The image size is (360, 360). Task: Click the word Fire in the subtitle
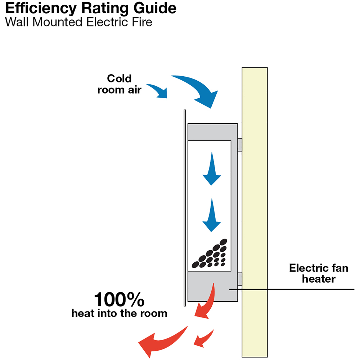[143, 22]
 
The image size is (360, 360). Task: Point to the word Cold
[119, 78]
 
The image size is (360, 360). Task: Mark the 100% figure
[119, 300]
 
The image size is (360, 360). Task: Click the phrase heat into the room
[119, 314]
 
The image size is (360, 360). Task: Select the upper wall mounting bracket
[240, 144]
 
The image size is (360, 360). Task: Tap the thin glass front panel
[185, 209]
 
